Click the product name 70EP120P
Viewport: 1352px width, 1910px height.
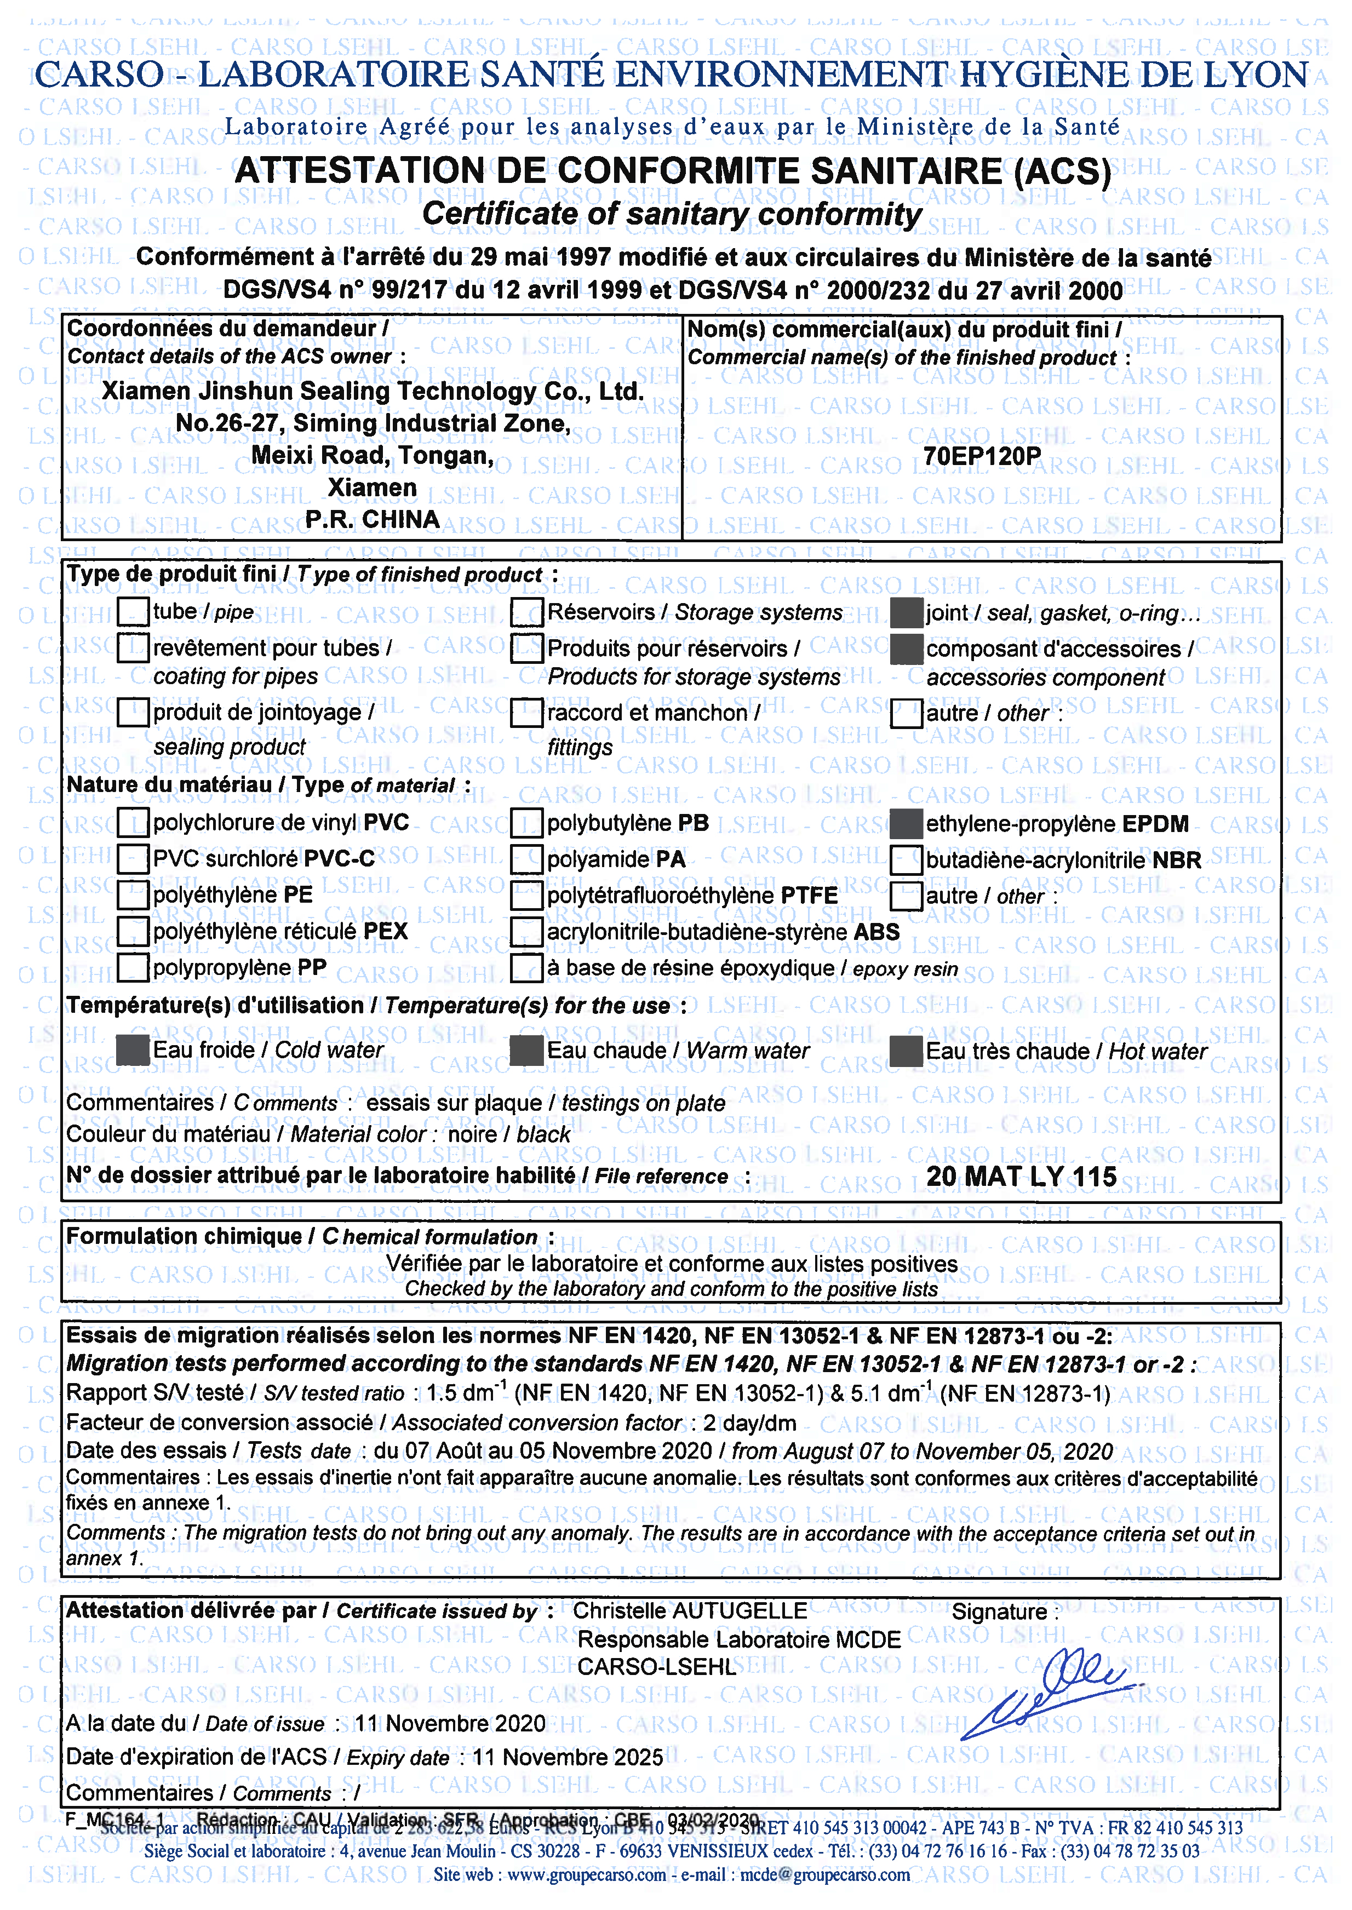pyautogui.click(x=982, y=456)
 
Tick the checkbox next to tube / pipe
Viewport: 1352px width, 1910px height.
pyautogui.click(x=133, y=612)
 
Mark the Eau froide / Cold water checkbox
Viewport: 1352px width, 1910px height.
pyautogui.click(x=133, y=1050)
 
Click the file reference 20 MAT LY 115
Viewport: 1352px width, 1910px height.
pyautogui.click(x=1022, y=1176)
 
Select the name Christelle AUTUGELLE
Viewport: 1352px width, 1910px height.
pyautogui.click(x=689, y=1611)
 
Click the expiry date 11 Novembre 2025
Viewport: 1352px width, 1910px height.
pyautogui.click(x=568, y=1757)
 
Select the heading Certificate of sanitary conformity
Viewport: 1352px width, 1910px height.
pyautogui.click(x=671, y=214)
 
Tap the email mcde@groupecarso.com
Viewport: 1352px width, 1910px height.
pyautogui.click(x=824, y=1874)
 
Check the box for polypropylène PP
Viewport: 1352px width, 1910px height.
pyautogui.click(x=133, y=967)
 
